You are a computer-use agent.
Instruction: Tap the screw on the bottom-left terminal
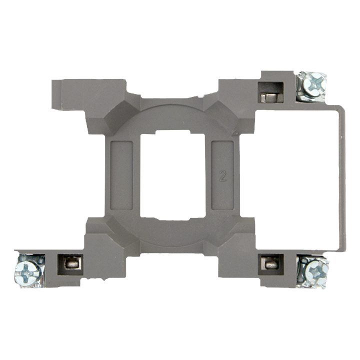click(x=28, y=272)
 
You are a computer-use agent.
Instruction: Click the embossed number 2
click(x=222, y=175)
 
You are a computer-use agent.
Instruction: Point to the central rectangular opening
click(x=172, y=175)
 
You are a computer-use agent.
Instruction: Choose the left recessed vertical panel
click(x=121, y=175)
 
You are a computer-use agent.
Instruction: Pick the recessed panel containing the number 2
click(x=222, y=175)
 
